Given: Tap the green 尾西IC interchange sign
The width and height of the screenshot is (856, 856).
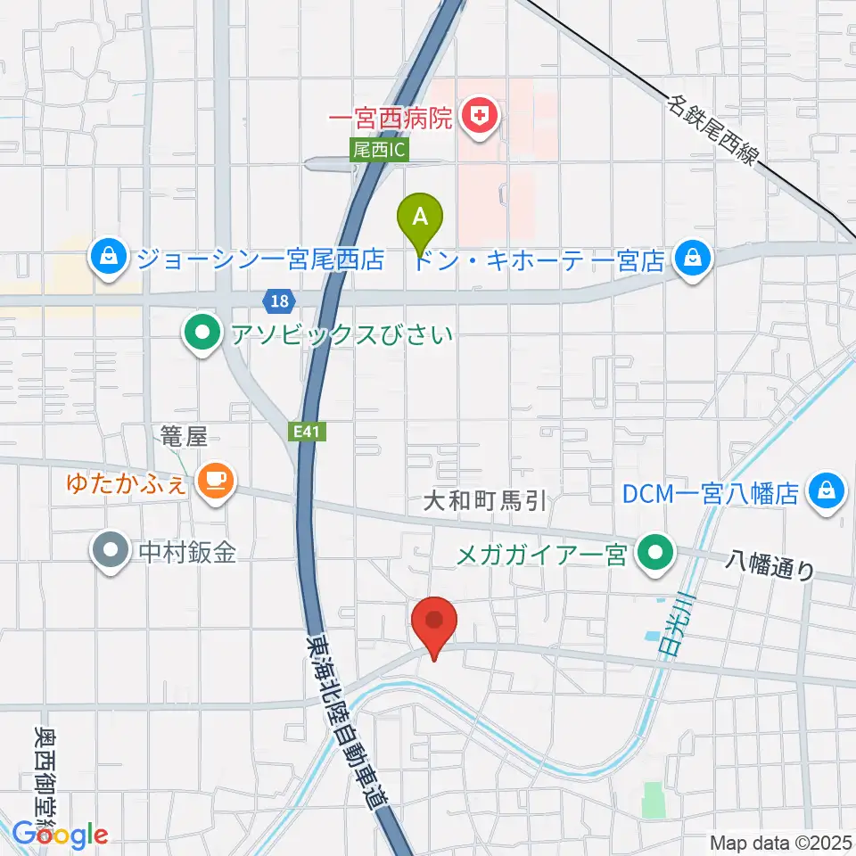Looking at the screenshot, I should pyautogui.click(x=380, y=152).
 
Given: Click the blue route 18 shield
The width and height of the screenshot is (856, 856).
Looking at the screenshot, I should pyautogui.click(x=281, y=300).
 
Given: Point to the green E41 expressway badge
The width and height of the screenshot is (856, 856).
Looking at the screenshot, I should pyautogui.click(x=309, y=431).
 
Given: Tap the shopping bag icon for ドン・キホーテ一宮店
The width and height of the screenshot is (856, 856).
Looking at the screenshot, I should pyautogui.click(x=691, y=259).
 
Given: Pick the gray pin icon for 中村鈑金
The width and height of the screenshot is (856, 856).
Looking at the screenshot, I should pyautogui.click(x=110, y=553).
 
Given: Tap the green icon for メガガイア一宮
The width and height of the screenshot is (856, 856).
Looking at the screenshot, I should pyautogui.click(x=655, y=556).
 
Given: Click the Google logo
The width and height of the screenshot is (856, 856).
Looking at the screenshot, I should pyautogui.click(x=60, y=835).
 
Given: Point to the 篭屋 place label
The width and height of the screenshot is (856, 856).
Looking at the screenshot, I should pyautogui.click(x=184, y=437).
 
